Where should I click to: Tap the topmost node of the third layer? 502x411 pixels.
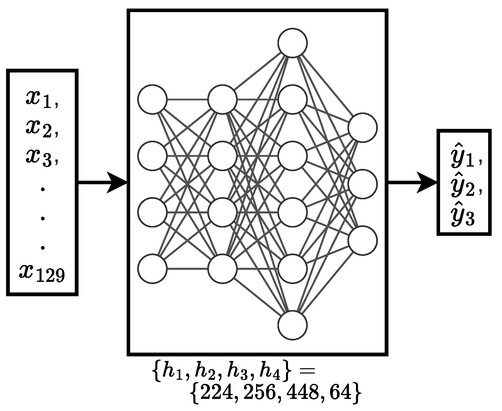tap(293, 43)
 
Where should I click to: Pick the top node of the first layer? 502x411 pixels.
tap(153, 99)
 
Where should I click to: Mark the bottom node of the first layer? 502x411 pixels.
tap(153, 269)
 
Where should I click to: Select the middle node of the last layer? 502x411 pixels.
tap(363, 184)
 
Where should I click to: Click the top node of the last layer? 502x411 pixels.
tap(363, 128)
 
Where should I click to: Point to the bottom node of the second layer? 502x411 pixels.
tap(223, 269)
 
